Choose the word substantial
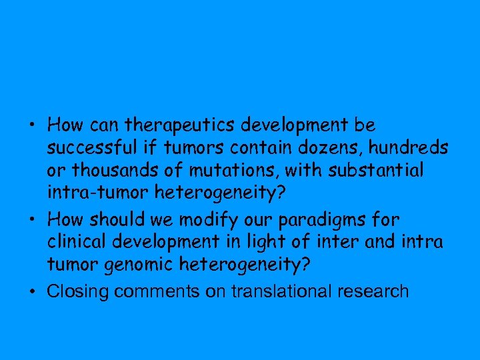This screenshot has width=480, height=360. [376, 171]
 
